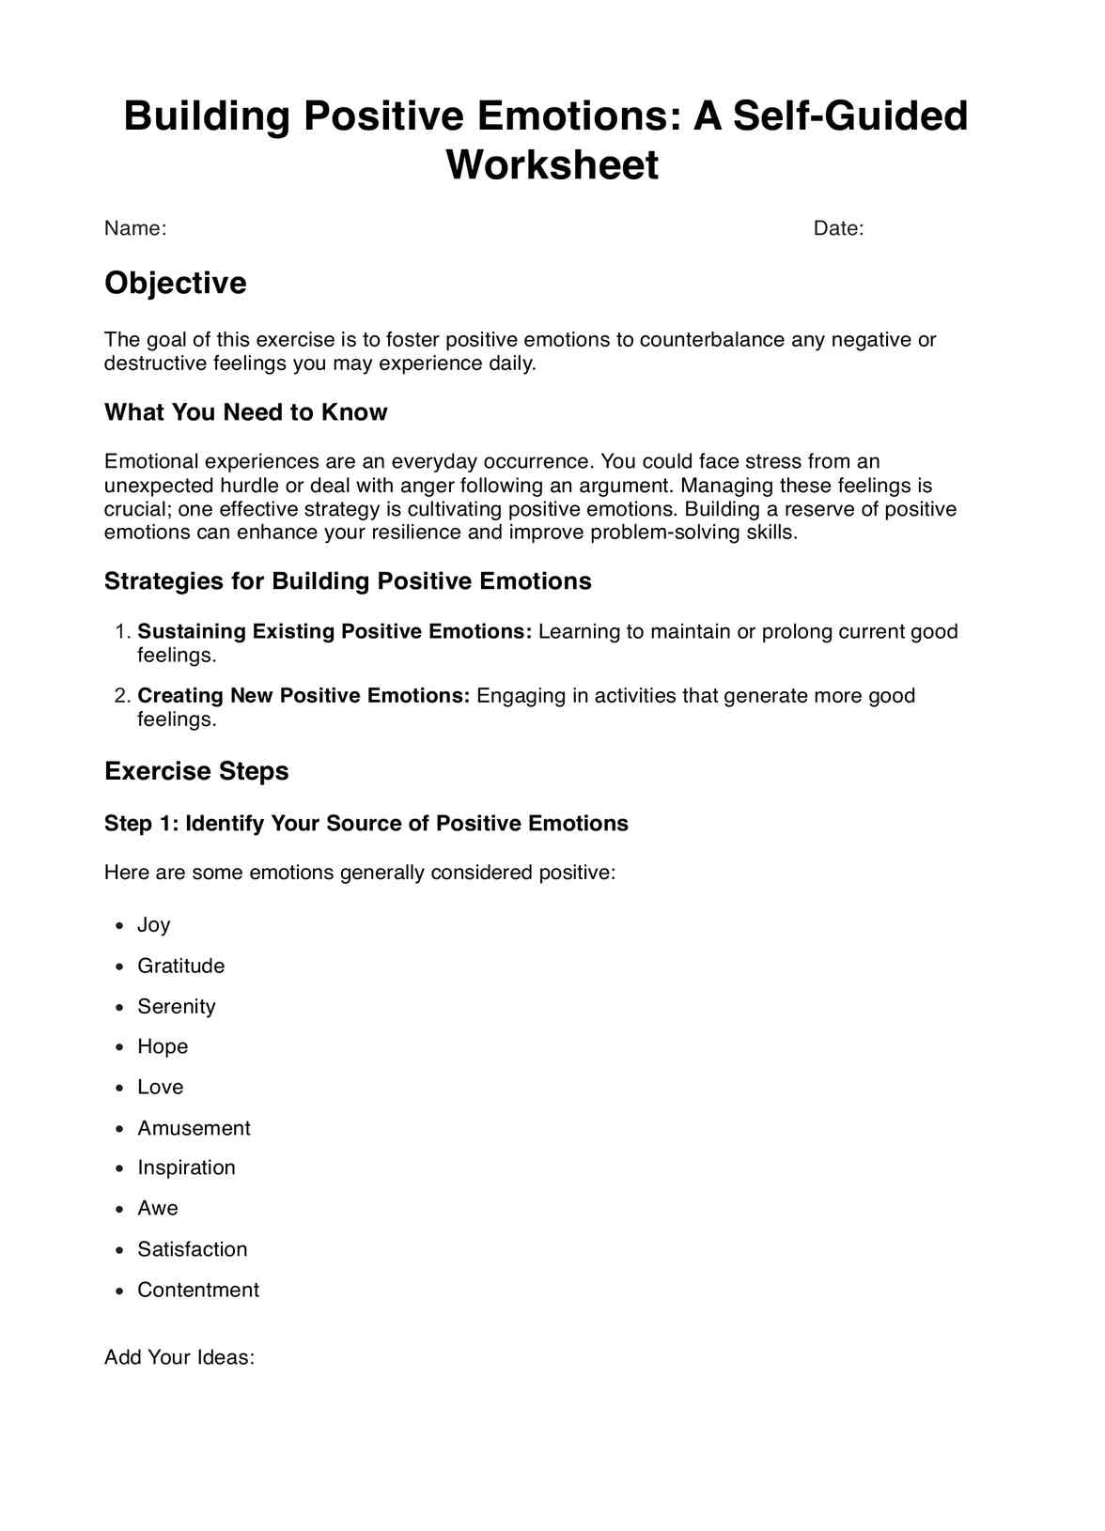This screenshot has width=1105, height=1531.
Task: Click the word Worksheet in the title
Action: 552,164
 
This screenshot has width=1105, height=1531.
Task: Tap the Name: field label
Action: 135,228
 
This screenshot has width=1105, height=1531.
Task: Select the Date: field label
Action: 838,228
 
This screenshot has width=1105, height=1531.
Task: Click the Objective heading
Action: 176,283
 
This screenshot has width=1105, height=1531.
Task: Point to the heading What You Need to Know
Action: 246,412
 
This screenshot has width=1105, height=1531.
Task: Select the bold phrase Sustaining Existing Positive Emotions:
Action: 335,631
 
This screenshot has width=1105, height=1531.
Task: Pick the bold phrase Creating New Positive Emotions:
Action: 303,696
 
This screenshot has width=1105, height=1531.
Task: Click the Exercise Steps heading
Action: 196,771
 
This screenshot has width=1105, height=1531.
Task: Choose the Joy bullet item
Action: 154,925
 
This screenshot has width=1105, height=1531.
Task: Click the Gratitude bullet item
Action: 181,966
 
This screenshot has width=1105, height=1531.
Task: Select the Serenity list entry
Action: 177,1007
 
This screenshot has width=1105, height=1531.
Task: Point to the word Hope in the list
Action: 163,1046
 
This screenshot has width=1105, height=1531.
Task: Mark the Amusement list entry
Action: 195,1128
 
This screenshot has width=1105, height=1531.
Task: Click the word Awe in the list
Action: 158,1208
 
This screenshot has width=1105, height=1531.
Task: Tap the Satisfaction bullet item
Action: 193,1249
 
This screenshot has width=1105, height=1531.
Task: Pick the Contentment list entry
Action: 198,1290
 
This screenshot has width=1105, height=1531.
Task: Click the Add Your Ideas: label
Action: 179,1357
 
